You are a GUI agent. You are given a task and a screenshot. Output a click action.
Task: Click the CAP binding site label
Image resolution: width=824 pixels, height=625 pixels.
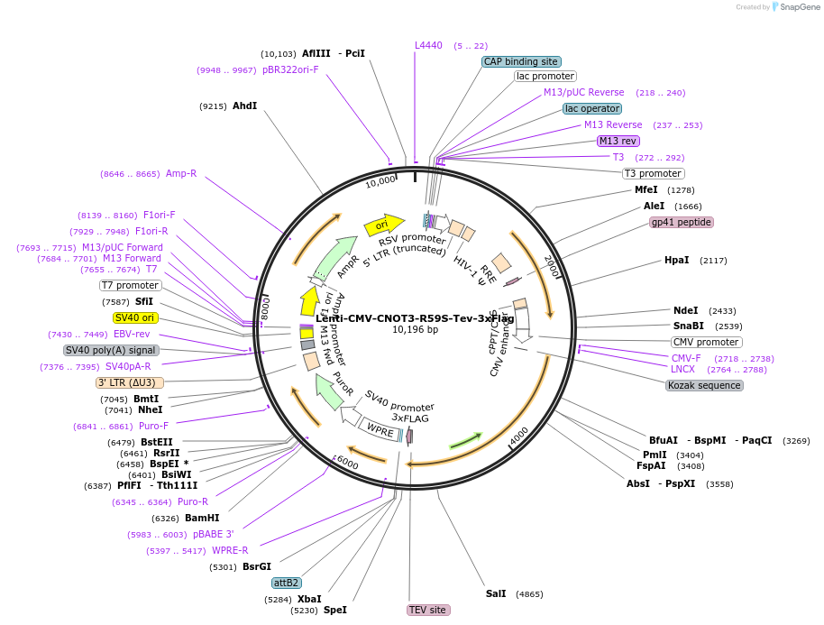pyautogui.click(x=521, y=61)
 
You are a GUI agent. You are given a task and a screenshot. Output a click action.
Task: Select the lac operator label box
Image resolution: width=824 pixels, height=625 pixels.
pyautogui.click(x=591, y=108)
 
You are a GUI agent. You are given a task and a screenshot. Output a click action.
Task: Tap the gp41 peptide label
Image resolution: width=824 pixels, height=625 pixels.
pyautogui.click(x=682, y=222)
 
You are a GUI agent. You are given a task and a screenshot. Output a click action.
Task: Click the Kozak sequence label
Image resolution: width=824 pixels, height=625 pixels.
pyautogui.click(x=704, y=385)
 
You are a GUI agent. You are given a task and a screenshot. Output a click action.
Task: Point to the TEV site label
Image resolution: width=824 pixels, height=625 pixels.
pyautogui.click(x=427, y=610)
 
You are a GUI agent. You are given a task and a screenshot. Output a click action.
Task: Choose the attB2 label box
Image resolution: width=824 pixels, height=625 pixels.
pyautogui.click(x=287, y=583)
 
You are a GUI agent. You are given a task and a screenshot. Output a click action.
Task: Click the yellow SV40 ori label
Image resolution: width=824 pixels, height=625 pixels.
pyautogui.click(x=135, y=317)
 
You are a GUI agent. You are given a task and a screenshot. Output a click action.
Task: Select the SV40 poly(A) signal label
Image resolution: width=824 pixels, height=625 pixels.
pyautogui.click(x=110, y=350)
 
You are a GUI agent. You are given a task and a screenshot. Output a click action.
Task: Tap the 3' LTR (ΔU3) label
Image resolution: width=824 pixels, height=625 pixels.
pyautogui.click(x=130, y=382)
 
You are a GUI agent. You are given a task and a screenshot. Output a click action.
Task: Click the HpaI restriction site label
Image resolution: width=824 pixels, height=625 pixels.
pyautogui.click(x=676, y=260)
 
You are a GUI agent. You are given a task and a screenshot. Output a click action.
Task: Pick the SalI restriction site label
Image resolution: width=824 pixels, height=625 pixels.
pyautogui.click(x=496, y=593)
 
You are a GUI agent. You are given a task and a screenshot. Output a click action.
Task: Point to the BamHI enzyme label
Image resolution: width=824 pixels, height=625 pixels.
pyautogui.click(x=202, y=518)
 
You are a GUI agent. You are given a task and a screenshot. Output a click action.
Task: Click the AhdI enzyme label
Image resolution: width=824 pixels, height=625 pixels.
pyautogui.click(x=244, y=106)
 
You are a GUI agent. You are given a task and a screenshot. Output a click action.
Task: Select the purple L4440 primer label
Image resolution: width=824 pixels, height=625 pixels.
pyautogui.click(x=428, y=45)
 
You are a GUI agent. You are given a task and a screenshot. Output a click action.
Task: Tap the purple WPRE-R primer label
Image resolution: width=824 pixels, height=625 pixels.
pyautogui.click(x=230, y=550)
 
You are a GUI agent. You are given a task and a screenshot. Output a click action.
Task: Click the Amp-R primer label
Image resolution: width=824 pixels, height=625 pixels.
pyautogui.click(x=181, y=173)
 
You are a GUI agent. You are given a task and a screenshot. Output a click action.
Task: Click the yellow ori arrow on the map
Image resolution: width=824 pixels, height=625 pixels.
pyautogui.click(x=382, y=225)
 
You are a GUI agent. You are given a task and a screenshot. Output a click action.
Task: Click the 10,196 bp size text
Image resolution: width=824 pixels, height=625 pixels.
pyautogui.click(x=415, y=330)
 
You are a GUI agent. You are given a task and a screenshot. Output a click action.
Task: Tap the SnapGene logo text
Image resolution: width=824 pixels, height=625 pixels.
pyautogui.click(x=798, y=7)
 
